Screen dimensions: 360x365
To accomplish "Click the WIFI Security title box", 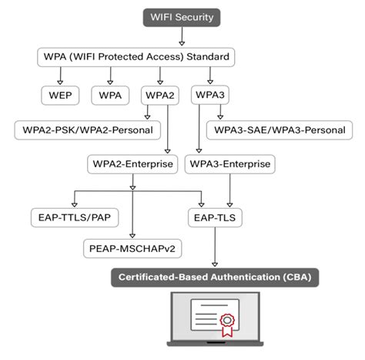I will click(x=181, y=15).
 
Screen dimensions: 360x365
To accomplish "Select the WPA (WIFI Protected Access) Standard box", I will click(x=135, y=57).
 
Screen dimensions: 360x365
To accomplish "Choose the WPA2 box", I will click(x=159, y=96).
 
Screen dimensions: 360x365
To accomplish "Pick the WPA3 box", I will click(x=211, y=96).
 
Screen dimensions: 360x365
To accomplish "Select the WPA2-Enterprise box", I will click(x=133, y=164).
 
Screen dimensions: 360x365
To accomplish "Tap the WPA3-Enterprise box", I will click(x=230, y=164).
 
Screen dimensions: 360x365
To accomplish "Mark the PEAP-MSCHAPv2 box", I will click(x=133, y=249).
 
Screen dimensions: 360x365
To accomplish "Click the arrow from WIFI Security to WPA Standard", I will click(x=181, y=35).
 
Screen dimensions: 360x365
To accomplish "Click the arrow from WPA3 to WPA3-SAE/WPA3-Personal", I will click(x=220, y=113).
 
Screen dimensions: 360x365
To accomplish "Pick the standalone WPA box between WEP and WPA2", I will click(x=110, y=96).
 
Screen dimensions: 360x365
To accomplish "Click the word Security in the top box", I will click(x=196, y=15).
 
